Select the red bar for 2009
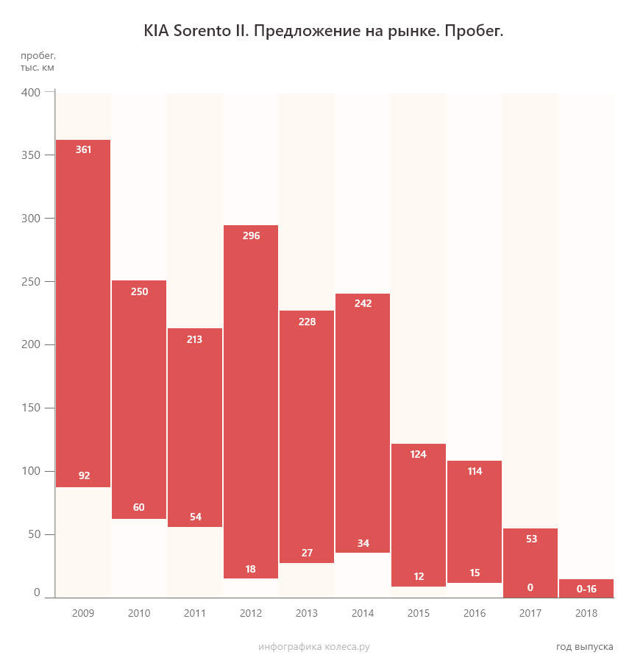83,313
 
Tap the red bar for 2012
251,401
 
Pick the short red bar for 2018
586,588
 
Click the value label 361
84,149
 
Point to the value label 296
251,236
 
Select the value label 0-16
586,589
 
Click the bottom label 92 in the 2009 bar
84,475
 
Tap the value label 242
363,303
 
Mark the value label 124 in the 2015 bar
419,454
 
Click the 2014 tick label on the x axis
363,613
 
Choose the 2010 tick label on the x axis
139,613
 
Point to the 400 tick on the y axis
31,93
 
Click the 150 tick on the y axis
31,408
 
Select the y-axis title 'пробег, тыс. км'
38,61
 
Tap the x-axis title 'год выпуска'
584,646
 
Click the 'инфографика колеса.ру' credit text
313,646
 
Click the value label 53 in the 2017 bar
530,539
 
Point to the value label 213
195,339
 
